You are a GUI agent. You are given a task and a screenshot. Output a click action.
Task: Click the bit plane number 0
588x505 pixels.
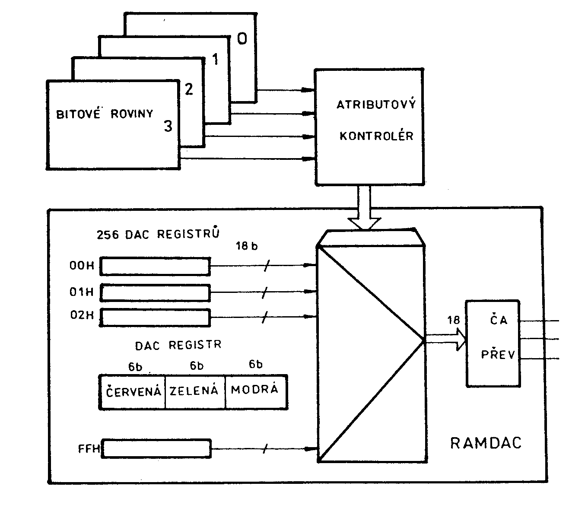(242, 39)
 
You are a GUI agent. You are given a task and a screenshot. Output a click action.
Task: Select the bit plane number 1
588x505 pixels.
(215, 59)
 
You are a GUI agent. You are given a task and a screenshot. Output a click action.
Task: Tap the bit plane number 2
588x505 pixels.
(189, 89)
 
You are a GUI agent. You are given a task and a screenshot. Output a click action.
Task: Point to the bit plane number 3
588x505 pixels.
(168, 126)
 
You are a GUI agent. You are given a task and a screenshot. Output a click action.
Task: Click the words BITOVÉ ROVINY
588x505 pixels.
(105, 114)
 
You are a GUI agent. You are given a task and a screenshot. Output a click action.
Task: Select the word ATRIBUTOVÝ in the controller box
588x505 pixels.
(376, 105)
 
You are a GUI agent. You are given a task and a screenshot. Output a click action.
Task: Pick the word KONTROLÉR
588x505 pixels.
(376, 136)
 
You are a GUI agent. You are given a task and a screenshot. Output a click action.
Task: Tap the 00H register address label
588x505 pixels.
(82, 266)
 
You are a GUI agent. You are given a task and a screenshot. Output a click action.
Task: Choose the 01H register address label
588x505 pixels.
(82, 292)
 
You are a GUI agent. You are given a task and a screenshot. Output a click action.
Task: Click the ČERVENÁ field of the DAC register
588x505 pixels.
(133, 391)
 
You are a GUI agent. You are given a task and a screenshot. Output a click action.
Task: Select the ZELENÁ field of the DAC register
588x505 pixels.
(194, 391)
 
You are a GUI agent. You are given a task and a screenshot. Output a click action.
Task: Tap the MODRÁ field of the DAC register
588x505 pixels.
(254, 390)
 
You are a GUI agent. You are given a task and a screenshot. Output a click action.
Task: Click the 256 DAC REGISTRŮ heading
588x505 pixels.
(158, 234)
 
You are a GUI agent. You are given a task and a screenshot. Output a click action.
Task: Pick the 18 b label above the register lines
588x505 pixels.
(247, 247)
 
